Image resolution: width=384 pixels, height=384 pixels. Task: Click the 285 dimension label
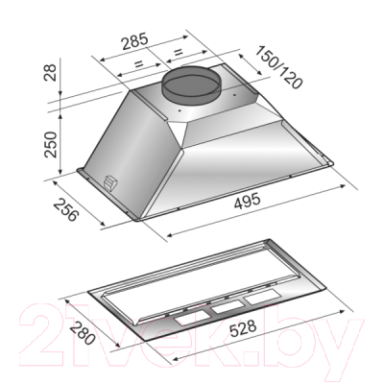[x=135, y=41]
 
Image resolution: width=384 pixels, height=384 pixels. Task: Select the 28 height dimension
[x=51, y=73]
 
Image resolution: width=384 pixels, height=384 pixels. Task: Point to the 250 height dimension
[x=51, y=144]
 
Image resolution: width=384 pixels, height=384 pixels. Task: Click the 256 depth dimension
[x=65, y=210]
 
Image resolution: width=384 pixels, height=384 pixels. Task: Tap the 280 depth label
[x=83, y=333]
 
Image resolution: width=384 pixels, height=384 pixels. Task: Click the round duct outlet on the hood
[x=191, y=84]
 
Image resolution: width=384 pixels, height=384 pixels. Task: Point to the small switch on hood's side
[x=110, y=183]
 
